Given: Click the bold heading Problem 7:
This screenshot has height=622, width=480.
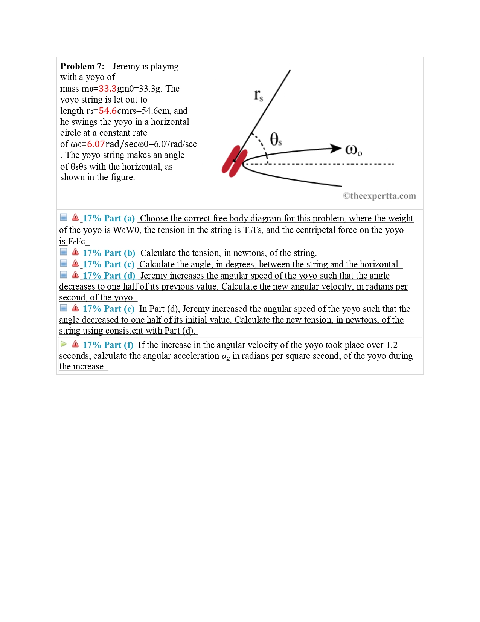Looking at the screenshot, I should pyautogui.click(x=82, y=66).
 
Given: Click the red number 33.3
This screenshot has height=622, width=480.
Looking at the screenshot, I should pyautogui.click(x=107, y=89).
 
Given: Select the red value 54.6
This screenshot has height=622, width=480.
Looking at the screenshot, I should pyautogui.click(x=107, y=111).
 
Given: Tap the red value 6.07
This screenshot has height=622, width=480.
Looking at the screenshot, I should pyautogui.click(x=96, y=144).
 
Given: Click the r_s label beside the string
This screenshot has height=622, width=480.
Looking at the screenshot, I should pyautogui.click(x=258, y=95).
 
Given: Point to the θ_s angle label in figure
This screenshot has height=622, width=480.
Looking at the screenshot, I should pyautogui.click(x=276, y=139).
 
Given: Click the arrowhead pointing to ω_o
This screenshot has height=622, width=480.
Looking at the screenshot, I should pyautogui.click(x=335, y=148).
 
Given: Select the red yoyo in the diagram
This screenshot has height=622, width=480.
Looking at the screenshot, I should pyautogui.click(x=234, y=161).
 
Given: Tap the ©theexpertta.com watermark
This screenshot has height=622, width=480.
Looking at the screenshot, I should pyautogui.click(x=379, y=196).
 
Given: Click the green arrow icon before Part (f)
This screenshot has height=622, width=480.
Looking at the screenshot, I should pyautogui.click(x=64, y=344).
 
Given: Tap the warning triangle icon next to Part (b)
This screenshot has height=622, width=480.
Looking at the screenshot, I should pyautogui.click(x=75, y=252).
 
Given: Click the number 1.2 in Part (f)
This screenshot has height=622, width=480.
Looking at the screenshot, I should pyautogui.click(x=392, y=345).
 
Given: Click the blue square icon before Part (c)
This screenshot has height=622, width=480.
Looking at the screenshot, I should pyautogui.click(x=64, y=264).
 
